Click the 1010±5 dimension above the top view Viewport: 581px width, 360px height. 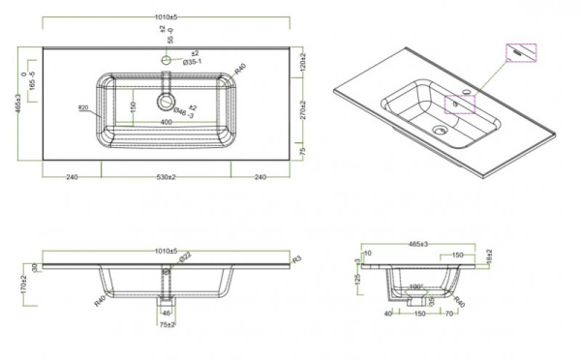pyautogui.click(x=167, y=18)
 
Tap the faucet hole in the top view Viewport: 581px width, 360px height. pyautogui.click(x=167, y=62)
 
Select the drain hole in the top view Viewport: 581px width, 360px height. pyautogui.click(x=166, y=100)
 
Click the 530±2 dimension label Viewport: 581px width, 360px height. pyautogui.click(x=166, y=177)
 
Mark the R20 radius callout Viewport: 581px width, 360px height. pyautogui.click(x=83, y=108)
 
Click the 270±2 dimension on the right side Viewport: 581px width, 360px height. pyautogui.click(x=303, y=111)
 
